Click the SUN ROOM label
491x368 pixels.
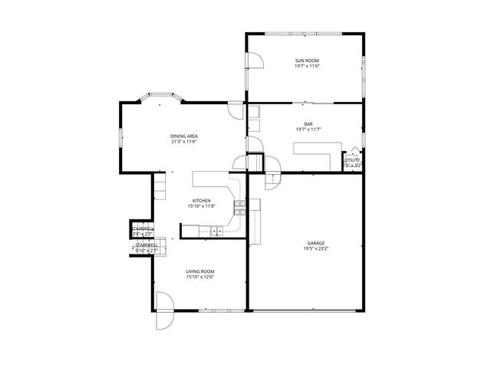point(306,61)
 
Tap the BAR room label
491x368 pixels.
point(308,123)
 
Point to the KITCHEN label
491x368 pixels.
point(201,201)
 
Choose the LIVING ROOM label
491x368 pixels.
point(199,271)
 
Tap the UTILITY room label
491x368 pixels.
point(352,160)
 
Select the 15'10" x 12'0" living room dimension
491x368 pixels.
point(199,277)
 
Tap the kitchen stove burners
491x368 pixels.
point(239,205)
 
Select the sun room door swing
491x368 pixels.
point(254,63)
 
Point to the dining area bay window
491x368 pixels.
point(159,97)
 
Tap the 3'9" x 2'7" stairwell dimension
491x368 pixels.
point(143,235)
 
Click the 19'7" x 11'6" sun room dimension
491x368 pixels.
point(306,66)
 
